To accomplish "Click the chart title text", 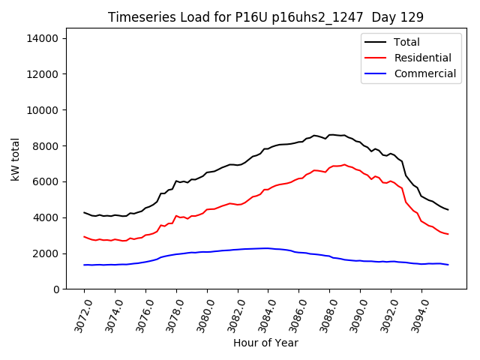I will click(265, 16).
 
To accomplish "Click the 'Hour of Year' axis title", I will click(265, 343).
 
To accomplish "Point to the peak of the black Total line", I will click(331, 135).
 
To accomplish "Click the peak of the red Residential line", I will click(344, 164).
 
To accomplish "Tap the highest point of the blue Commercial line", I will click(267, 248).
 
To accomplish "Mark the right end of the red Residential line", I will click(448, 234).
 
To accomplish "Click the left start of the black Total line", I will click(84, 212).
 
